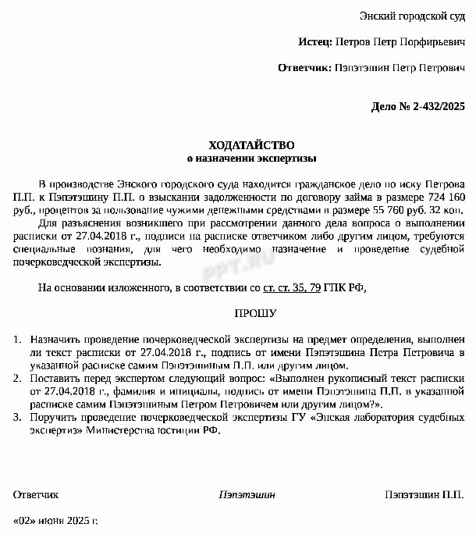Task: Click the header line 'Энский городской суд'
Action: click(412, 16)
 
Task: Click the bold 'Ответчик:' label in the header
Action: click(304, 68)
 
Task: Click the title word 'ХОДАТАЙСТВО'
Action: click(251, 145)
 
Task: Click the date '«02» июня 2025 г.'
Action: click(56, 520)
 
